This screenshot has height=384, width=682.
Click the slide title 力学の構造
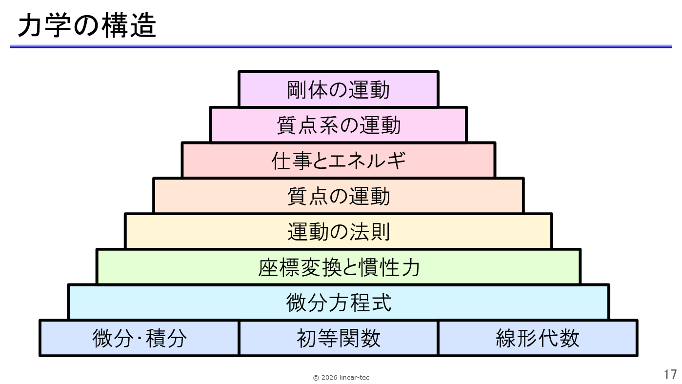click(87, 26)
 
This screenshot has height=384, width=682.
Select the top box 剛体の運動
click(338, 89)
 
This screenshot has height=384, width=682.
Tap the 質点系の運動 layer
click(338, 125)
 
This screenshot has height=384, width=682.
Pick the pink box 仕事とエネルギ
click(338, 161)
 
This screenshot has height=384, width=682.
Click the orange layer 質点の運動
click(338, 196)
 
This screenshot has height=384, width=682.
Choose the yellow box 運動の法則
click(338, 232)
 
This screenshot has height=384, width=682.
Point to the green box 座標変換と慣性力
click(338, 267)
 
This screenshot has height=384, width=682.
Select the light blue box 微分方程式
click(338, 303)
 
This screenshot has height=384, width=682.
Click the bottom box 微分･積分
click(140, 338)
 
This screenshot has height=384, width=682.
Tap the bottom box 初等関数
click(338, 338)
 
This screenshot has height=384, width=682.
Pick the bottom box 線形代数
click(537, 338)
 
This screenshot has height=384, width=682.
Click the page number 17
click(670, 375)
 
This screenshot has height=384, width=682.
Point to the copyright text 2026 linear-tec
click(345, 378)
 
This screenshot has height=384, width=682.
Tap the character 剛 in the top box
click(297, 90)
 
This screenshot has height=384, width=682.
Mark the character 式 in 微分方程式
click(381, 303)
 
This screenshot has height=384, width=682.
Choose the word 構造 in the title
click(129, 26)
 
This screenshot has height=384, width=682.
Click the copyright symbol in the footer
click(316, 378)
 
